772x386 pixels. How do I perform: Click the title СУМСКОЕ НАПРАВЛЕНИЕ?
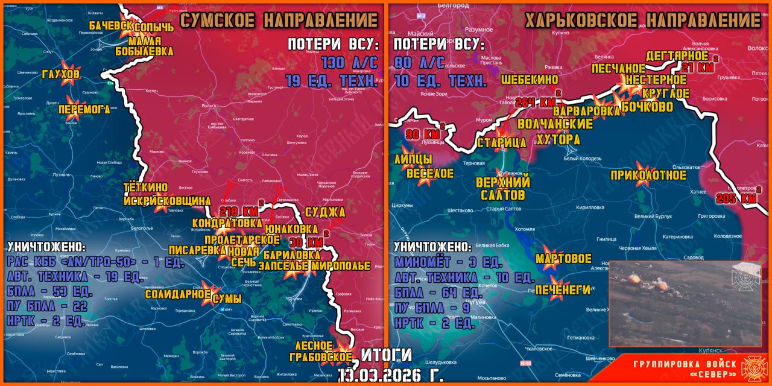point(279,21)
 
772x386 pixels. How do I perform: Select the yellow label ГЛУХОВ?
point(61,74)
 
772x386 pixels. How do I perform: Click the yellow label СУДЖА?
point(325,212)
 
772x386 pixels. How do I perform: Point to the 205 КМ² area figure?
point(736,198)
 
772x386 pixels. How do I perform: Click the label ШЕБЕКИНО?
point(530,80)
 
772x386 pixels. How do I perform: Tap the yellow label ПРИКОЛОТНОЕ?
point(648,176)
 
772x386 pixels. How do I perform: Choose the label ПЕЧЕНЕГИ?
point(563,290)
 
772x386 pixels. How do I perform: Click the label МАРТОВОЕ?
point(563,259)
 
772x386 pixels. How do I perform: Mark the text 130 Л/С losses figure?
point(349,63)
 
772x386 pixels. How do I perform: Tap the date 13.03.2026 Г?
point(390,374)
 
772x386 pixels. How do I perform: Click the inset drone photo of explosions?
point(668,303)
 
